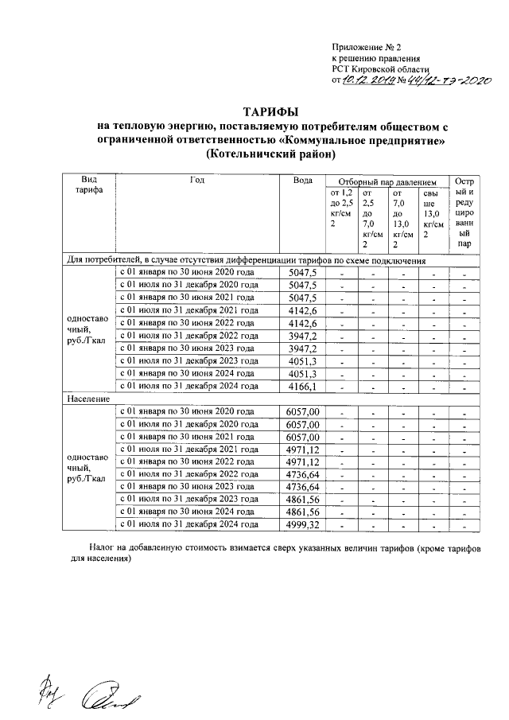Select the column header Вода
point(302,181)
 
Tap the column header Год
point(198,181)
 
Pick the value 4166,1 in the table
point(302,387)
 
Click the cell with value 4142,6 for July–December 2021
point(302,310)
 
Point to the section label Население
point(87,399)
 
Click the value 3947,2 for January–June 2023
point(302,348)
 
